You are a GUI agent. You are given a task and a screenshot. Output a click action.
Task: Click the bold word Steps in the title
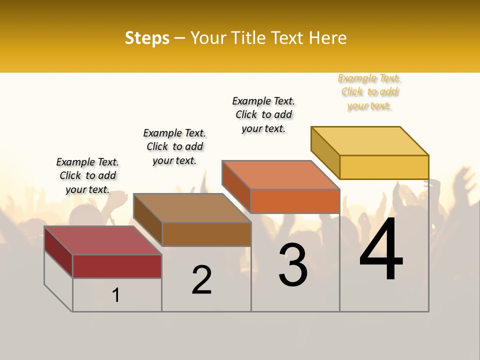(x=147, y=38)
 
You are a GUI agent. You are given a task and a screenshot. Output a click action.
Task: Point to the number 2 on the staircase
(x=201, y=280)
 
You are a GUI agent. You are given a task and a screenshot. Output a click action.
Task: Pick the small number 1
(x=116, y=295)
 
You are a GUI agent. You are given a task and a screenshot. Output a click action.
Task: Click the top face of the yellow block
(x=370, y=140)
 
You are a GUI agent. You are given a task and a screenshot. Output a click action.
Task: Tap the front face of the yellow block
(x=384, y=167)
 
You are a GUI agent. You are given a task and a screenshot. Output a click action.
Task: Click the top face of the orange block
(x=281, y=175)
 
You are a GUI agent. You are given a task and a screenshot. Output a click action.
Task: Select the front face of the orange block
(x=295, y=201)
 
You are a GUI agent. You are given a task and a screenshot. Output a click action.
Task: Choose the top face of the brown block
(x=192, y=208)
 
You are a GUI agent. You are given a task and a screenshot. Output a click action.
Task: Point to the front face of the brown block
(x=206, y=234)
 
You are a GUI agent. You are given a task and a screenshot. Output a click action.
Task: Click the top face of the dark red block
(x=103, y=240)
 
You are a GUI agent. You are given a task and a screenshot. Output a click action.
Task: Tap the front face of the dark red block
(x=117, y=266)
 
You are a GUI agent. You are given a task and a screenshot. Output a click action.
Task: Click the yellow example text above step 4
(x=369, y=92)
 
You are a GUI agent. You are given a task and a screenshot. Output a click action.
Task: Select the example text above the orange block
(x=263, y=114)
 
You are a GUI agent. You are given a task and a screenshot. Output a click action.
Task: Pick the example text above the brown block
(x=174, y=146)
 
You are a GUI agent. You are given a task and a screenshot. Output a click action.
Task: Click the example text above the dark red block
(x=87, y=175)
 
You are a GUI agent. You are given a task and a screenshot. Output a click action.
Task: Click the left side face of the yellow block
(x=325, y=155)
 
